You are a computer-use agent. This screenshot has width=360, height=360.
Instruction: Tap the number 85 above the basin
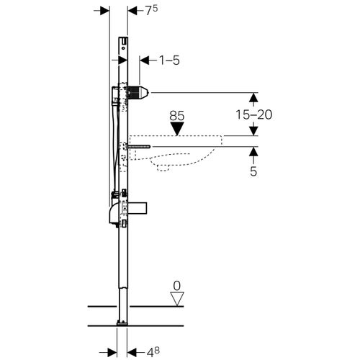[x=179, y=114]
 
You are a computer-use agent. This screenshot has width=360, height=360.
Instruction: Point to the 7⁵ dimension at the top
[x=149, y=10]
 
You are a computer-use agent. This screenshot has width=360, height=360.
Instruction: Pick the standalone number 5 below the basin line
[x=253, y=171]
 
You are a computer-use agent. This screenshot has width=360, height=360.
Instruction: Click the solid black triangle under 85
[x=179, y=128]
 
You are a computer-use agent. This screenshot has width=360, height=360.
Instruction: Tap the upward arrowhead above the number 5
[x=253, y=151]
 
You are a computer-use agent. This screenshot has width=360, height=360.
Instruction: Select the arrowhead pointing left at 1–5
[x=142, y=60]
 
